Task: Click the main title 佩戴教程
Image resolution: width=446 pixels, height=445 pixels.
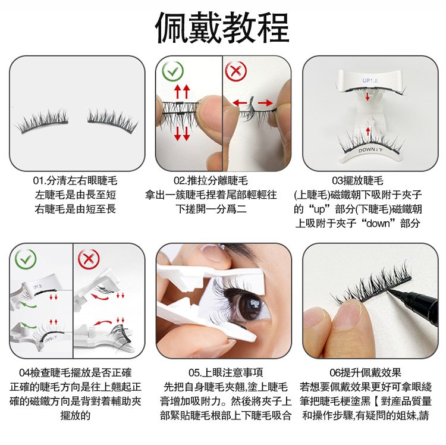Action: (x=222, y=27)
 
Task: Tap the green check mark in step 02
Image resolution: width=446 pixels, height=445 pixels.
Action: (x=173, y=71)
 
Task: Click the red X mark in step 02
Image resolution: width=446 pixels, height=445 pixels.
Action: (x=236, y=71)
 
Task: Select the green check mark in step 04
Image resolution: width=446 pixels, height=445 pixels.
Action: (x=26, y=258)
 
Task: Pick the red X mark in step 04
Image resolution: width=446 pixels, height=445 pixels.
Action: (x=89, y=258)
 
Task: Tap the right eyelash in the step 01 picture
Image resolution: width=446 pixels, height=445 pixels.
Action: (x=112, y=121)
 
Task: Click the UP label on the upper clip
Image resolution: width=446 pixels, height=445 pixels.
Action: (x=370, y=80)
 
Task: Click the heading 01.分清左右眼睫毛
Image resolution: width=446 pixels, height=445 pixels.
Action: (x=75, y=181)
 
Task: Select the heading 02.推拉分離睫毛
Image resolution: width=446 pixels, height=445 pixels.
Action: (x=211, y=181)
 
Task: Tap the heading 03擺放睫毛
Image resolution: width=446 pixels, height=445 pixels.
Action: (x=357, y=181)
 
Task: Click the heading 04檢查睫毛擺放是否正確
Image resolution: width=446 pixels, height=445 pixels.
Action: (x=76, y=372)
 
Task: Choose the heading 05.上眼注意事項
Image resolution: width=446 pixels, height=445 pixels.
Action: (x=225, y=372)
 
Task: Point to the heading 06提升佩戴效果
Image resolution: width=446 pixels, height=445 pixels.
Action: (x=365, y=372)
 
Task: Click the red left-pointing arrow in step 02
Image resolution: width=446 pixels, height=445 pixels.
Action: (x=240, y=102)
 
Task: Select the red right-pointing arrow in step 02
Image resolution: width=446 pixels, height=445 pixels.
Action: (x=265, y=102)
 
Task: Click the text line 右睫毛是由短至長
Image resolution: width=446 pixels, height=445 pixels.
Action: (x=75, y=209)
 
